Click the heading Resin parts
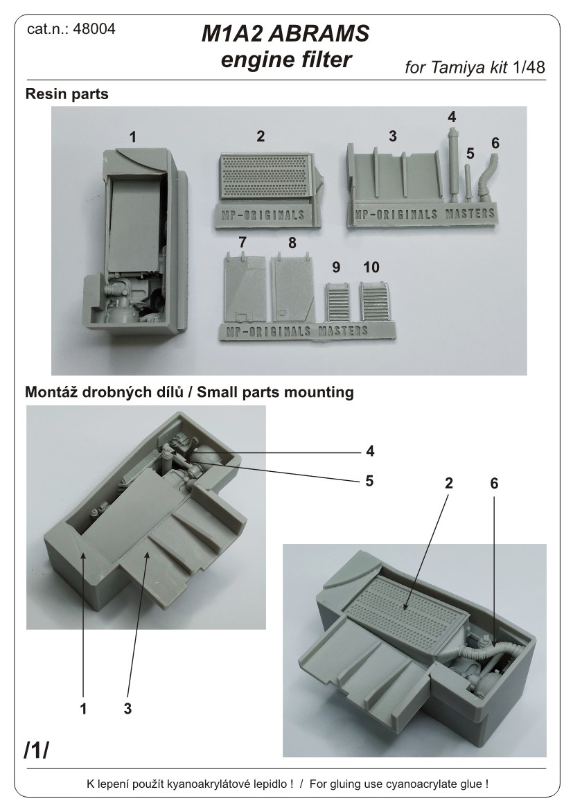67,94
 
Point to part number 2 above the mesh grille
261,137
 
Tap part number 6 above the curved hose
495,143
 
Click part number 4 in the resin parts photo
452,117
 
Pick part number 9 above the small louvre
336,267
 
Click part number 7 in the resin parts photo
242,243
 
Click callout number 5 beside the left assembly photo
370,479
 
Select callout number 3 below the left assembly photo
128,709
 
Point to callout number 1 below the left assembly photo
83,709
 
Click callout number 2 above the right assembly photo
449,483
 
